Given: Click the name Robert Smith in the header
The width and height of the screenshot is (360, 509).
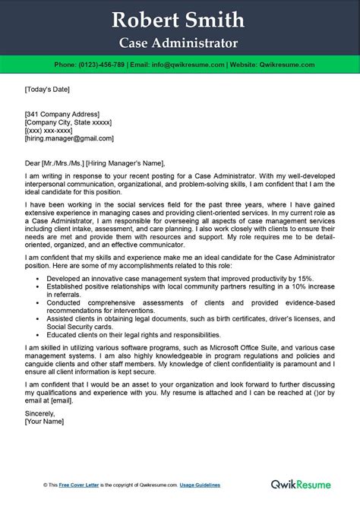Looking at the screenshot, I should coord(180,20).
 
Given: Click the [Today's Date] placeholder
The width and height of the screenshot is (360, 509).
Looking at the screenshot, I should coord(47,90).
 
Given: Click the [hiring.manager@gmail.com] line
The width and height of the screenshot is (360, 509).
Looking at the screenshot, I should coord(65,139).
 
